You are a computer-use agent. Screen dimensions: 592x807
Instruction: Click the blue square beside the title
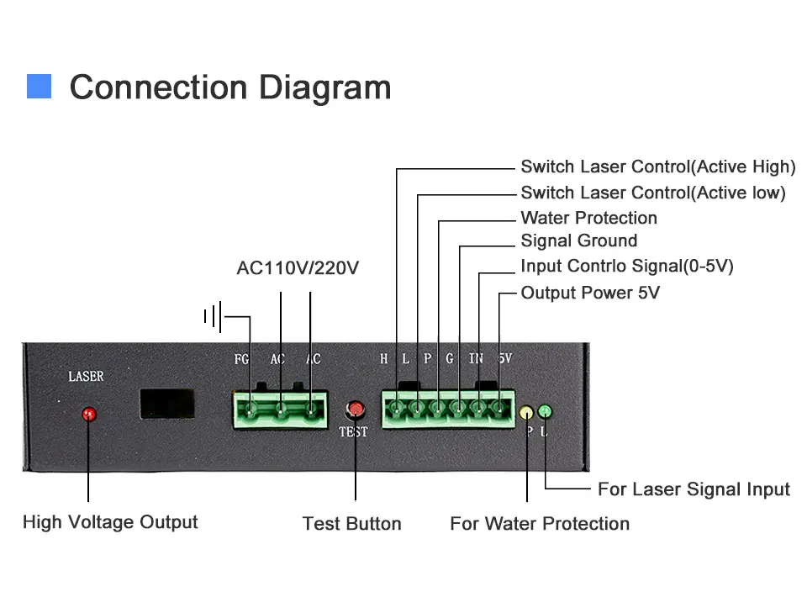(x=39, y=87)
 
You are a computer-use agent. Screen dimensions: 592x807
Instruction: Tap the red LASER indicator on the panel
(x=88, y=414)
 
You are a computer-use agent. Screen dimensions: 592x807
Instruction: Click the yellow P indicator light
(x=526, y=412)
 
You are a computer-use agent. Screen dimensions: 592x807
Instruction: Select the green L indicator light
(x=545, y=411)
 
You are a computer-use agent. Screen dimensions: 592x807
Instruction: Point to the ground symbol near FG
(x=213, y=317)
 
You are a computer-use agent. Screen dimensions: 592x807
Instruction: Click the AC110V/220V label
(x=298, y=268)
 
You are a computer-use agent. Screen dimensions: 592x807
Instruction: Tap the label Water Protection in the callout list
(x=588, y=218)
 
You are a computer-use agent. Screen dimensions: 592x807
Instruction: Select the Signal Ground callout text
(x=578, y=241)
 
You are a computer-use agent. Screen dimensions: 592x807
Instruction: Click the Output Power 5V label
(x=590, y=293)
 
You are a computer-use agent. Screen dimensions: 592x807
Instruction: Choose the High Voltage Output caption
(x=110, y=522)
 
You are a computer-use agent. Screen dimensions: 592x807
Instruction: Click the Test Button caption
(x=351, y=524)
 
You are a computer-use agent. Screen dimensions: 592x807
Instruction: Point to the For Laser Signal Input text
(x=694, y=489)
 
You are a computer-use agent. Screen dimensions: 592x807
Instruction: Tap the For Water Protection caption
(x=540, y=524)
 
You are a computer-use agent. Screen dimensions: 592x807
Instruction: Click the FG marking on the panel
(x=241, y=359)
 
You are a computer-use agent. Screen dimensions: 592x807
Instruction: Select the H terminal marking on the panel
(x=384, y=359)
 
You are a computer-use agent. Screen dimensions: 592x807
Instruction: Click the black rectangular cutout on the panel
(x=168, y=404)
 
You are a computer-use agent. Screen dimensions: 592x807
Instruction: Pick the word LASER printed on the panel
(x=86, y=376)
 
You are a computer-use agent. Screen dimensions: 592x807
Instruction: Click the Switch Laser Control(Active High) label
(x=657, y=166)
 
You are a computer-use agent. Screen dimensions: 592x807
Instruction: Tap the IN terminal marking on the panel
(x=476, y=359)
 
